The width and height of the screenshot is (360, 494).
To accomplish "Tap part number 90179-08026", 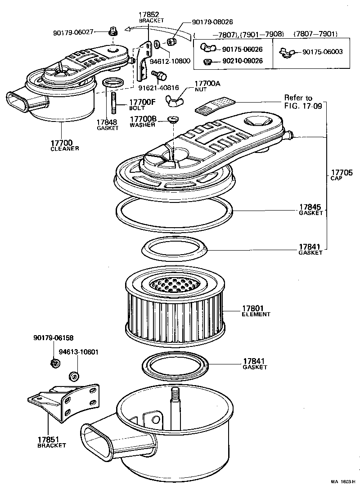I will (212, 22).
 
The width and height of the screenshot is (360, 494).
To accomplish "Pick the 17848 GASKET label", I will (107, 125).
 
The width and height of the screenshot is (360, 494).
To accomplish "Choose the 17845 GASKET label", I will (311, 210).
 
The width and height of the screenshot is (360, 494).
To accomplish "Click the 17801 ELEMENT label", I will (256, 311).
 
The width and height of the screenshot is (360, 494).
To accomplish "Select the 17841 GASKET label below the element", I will (255, 364).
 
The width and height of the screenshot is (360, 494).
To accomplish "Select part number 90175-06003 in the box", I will (322, 52).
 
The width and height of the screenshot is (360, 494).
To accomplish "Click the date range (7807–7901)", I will (315, 34).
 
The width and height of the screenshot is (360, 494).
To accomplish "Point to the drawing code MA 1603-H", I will (343, 481).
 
